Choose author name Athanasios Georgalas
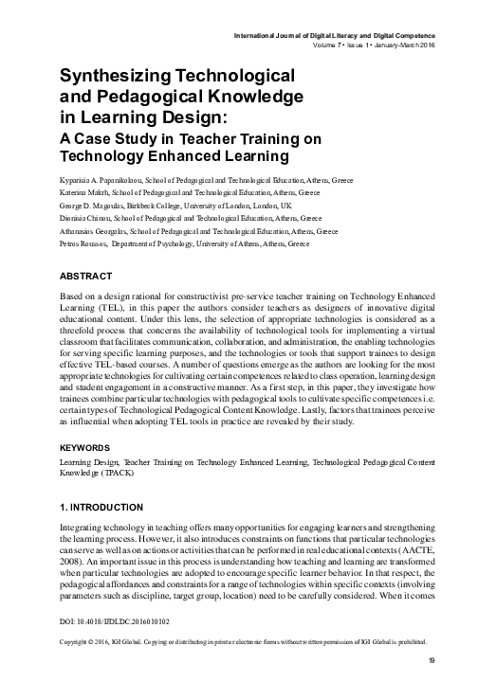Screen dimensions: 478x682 pyautogui.click(x=96, y=230)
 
